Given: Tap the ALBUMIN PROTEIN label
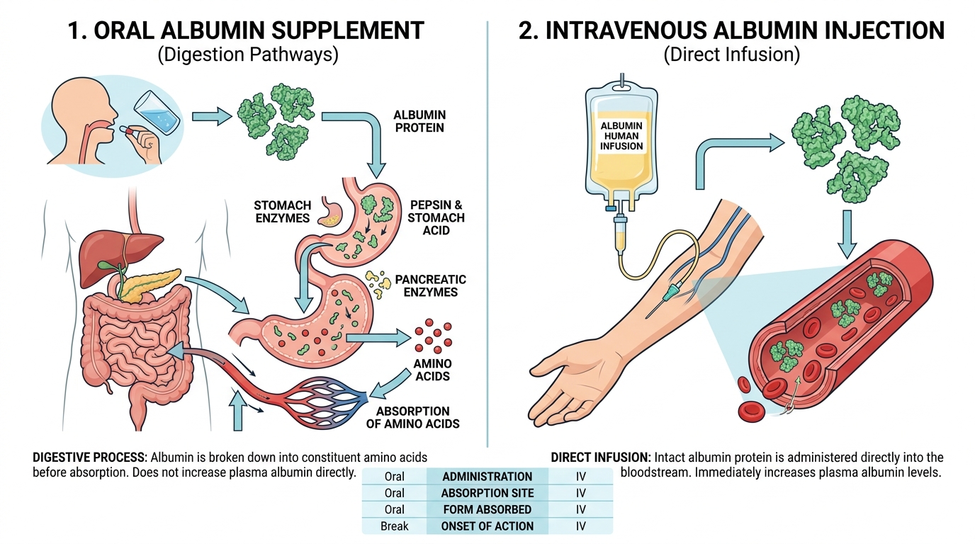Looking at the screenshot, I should pos(419,121).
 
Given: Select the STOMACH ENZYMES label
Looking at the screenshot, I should pos(282,212).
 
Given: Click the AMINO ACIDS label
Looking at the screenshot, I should pos(432,370).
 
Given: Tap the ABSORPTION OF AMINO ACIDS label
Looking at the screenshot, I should pos(418,417).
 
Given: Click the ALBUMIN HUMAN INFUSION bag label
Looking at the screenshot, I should pos(622,136).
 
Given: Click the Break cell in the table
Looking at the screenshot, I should pos(394,526).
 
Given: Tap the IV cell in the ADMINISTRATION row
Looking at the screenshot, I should pos(581,477).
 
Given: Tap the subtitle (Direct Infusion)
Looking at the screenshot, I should pos(731,55).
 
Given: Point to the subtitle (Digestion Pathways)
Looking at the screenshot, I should pos(247,55).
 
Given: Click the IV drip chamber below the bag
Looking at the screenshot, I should pos(619,234).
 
